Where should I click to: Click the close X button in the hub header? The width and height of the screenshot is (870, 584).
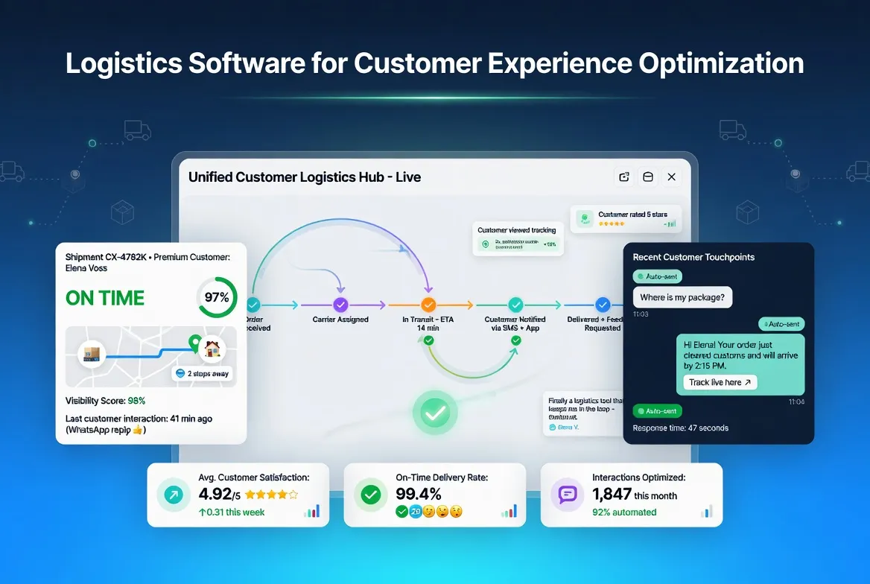pyautogui.click(x=671, y=177)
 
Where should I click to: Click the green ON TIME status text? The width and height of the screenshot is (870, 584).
pyautogui.click(x=105, y=298)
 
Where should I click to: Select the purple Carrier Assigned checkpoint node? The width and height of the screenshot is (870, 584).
pyautogui.click(x=340, y=305)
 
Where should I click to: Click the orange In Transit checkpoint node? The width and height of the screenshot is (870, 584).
pyautogui.click(x=428, y=305)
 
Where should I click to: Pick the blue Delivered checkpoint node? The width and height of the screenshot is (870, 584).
pyautogui.click(x=603, y=305)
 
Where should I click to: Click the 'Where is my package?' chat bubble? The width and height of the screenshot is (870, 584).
pyautogui.click(x=682, y=298)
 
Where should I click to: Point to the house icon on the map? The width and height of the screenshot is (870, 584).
pyautogui.click(x=212, y=349)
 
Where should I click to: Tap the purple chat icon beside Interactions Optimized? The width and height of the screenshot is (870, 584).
pyautogui.click(x=568, y=494)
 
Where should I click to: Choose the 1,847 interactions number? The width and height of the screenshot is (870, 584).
pyautogui.click(x=612, y=494)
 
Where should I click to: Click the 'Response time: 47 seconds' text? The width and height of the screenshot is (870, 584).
pyautogui.click(x=680, y=428)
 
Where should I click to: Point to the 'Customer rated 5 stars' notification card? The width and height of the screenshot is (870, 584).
pyautogui.click(x=626, y=219)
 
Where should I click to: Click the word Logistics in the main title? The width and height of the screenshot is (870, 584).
pyautogui.click(x=122, y=63)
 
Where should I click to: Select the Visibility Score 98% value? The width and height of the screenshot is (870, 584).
pyautogui.click(x=136, y=401)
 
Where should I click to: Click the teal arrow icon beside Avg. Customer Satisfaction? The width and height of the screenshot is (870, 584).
pyautogui.click(x=174, y=494)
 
